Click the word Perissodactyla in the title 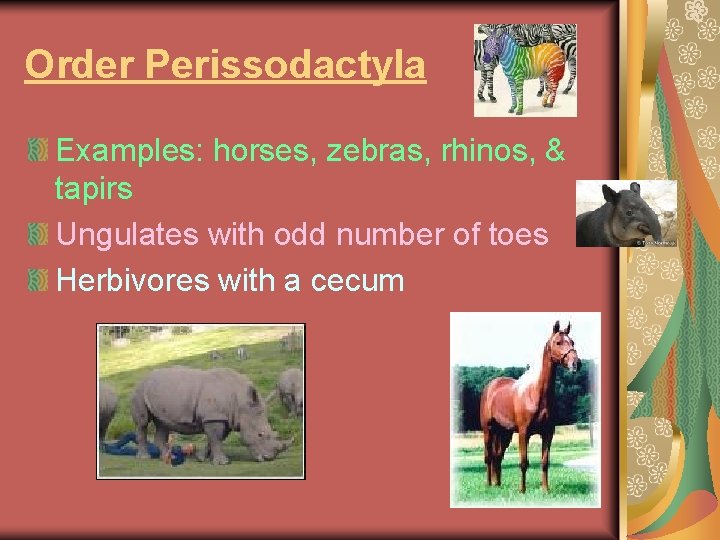coord(286,66)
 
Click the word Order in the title coord(80,66)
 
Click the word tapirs coord(95,189)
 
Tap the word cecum coord(358,280)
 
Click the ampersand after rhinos coord(554,151)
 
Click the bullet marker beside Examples coord(38,152)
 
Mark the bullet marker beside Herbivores coord(38,281)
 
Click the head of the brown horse coord(564,345)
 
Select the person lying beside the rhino coord(150,448)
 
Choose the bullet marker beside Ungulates coord(38,235)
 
